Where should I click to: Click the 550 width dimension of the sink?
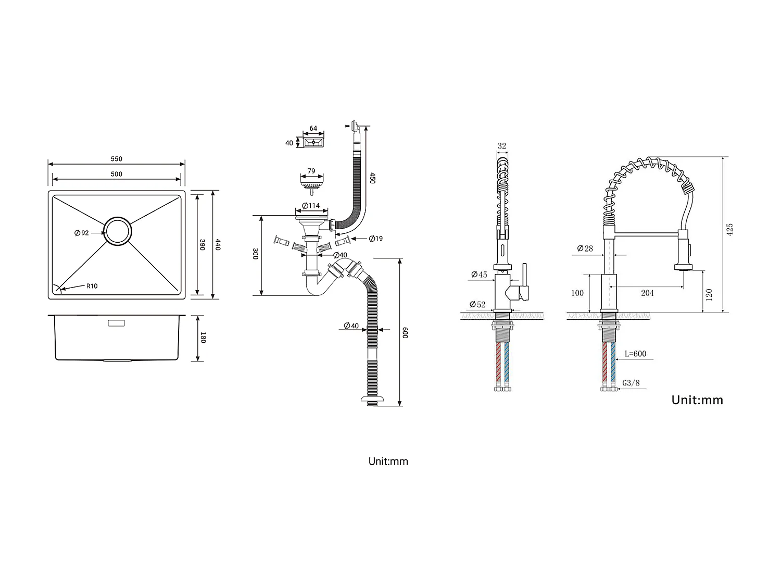click(116, 159)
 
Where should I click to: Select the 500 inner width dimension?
click(116, 174)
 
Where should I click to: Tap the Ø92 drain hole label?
click(82, 233)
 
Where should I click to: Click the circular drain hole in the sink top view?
click(117, 230)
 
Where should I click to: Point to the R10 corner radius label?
click(92, 286)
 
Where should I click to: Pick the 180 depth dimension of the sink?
click(203, 338)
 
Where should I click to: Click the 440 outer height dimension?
click(218, 244)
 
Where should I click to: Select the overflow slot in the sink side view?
click(116, 323)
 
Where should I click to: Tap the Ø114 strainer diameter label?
click(311, 206)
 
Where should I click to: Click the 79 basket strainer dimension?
click(311, 171)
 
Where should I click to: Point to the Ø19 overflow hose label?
click(375, 239)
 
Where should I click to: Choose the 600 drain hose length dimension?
click(406, 332)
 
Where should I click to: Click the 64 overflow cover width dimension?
click(313, 129)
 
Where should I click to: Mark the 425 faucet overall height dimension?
click(729, 230)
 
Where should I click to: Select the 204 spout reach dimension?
click(647, 293)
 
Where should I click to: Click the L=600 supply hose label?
click(635, 354)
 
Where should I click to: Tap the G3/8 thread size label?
click(631, 383)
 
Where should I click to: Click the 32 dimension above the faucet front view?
click(502, 146)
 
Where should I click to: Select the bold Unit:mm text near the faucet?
click(697, 400)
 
